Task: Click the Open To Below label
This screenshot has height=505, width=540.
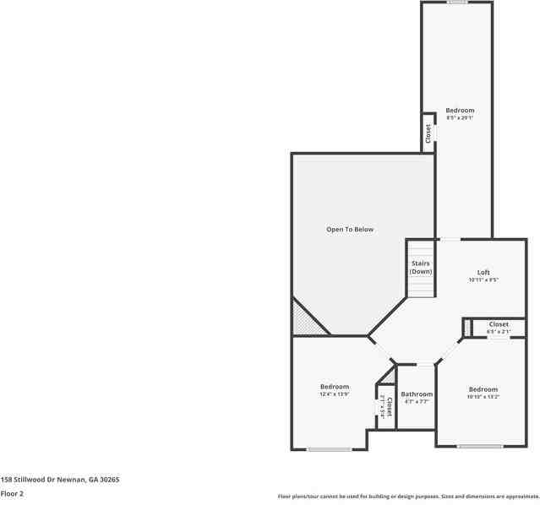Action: pos(350,230)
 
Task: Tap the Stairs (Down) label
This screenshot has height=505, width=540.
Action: pos(420,268)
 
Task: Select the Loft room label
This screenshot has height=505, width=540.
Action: pos(483,272)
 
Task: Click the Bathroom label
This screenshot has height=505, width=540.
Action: pos(417,394)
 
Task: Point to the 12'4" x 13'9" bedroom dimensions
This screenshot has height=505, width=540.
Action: pos(335,394)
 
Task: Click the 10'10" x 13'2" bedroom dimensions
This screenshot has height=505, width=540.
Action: pos(483,397)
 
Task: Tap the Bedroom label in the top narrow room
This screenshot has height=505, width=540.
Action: pos(460,111)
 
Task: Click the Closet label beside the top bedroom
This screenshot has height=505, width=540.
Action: pos(428,134)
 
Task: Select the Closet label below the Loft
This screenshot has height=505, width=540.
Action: pos(499,324)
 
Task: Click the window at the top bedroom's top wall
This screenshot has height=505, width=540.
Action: pos(457,3)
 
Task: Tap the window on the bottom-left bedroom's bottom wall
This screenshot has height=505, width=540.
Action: pos(330,449)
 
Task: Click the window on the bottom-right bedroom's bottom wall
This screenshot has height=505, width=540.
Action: pos(480,446)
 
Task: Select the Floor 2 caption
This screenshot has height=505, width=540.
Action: pos(12,493)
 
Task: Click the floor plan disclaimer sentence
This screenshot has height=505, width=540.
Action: pos(408,497)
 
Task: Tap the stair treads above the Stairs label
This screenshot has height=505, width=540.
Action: pos(420,250)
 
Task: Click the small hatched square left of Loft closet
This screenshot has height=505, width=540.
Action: pos(466,326)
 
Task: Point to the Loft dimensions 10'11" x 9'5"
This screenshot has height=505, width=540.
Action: pos(483,280)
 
